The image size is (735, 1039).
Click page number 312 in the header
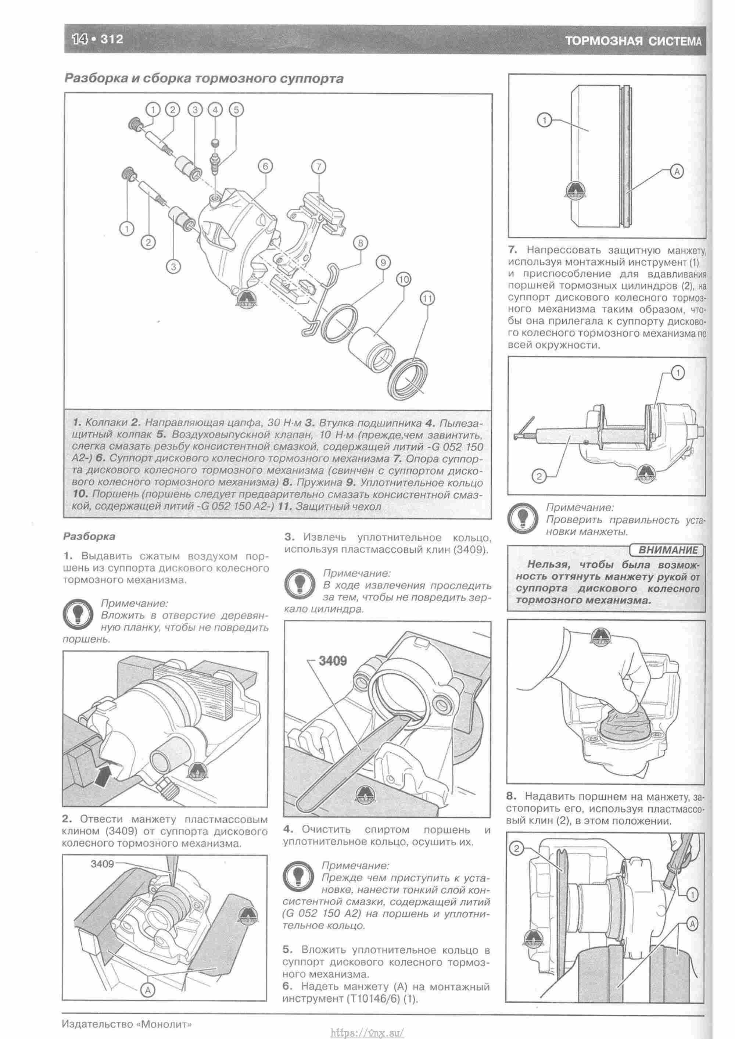click(x=112, y=39)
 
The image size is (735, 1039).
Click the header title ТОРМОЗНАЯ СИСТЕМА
click(x=633, y=42)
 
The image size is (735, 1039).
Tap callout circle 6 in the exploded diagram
click(x=265, y=166)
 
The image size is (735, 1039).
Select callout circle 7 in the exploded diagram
click(x=318, y=166)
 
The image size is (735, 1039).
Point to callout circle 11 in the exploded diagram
click(x=427, y=298)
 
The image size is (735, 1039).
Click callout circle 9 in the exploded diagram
click(x=383, y=262)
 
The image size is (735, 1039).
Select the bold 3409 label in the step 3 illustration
click(x=333, y=661)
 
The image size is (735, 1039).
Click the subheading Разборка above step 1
click(x=89, y=537)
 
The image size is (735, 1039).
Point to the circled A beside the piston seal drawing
click(x=677, y=172)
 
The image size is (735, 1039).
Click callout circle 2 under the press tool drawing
click(x=539, y=476)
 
